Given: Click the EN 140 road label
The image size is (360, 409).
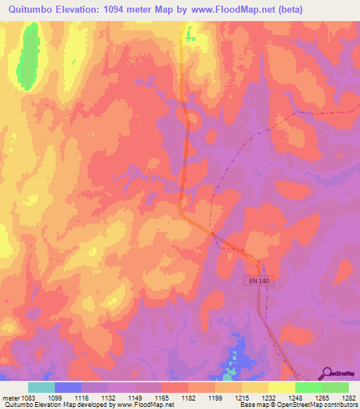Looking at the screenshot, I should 258,280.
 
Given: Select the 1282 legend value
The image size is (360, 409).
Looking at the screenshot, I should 348,398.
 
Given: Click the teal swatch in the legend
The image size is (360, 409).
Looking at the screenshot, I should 41,387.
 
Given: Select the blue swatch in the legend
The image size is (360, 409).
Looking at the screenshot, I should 68,387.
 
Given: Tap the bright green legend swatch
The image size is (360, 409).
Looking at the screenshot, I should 309,387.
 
